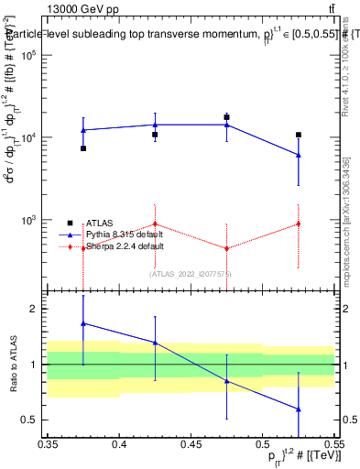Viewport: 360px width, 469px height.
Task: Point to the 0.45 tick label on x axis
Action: click(x=191, y=445)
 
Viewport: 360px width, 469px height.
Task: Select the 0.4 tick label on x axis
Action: click(x=119, y=445)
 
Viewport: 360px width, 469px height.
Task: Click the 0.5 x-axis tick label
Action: click(x=262, y=445)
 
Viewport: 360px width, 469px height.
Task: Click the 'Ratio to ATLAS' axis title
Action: click(x=13, y=365)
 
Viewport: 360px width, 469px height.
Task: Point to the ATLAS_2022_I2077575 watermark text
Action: click(x=191, y=274)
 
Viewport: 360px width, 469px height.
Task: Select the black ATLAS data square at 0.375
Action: click(x=83, y=148)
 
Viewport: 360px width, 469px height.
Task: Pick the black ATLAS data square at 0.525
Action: click(x=298, y=135)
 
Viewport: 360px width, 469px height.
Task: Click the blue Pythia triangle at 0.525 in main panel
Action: click(x=298, y=155)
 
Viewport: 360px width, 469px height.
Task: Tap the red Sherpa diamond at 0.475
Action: click(x=226, y=248)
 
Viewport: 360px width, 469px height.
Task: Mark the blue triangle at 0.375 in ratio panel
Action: click(x=83, y=322)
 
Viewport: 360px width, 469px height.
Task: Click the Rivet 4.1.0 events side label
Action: click(x=345, y=69)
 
